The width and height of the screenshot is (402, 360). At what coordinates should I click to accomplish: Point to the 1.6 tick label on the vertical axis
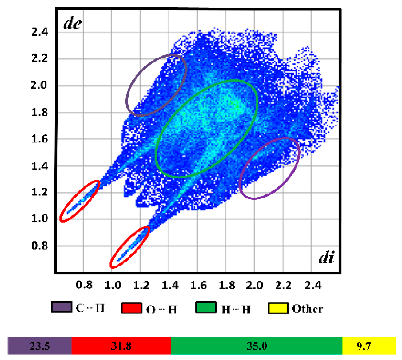coord(40,139)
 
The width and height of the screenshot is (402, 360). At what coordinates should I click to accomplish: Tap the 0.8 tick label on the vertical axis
coord(40,246)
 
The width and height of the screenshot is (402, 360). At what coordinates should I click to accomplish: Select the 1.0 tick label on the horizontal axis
coord(113,285)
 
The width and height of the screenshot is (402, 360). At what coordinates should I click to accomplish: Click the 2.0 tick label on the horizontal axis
coord(254,285)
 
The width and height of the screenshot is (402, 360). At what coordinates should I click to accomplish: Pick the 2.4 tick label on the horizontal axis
coord(313,285)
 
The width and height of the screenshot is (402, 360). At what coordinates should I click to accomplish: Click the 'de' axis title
coord(72,24)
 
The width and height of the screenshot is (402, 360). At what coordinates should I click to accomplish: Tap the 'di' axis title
coord(326,257)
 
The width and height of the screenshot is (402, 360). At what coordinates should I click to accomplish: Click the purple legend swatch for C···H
coord(62,307)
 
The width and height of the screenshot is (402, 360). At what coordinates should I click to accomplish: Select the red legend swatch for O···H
coord(132,308)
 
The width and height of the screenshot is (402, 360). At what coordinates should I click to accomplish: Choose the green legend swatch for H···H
coord(206,308)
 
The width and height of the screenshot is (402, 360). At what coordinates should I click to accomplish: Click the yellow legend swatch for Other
coord(278,308)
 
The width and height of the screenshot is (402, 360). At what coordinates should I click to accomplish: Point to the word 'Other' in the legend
coord(307,308)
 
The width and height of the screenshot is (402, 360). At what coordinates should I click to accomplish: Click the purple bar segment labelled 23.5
coord(40,346)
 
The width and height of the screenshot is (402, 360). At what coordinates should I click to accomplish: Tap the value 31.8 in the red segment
coord(121,346)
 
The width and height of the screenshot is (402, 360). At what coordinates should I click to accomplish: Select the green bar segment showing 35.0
coord(257,346)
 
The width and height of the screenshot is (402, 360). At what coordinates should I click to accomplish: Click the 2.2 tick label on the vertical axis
coord(40,58)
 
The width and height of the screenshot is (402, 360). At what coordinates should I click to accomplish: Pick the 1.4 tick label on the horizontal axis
coord(170,285)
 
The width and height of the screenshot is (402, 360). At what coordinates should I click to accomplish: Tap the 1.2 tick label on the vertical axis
coord(40,192)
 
